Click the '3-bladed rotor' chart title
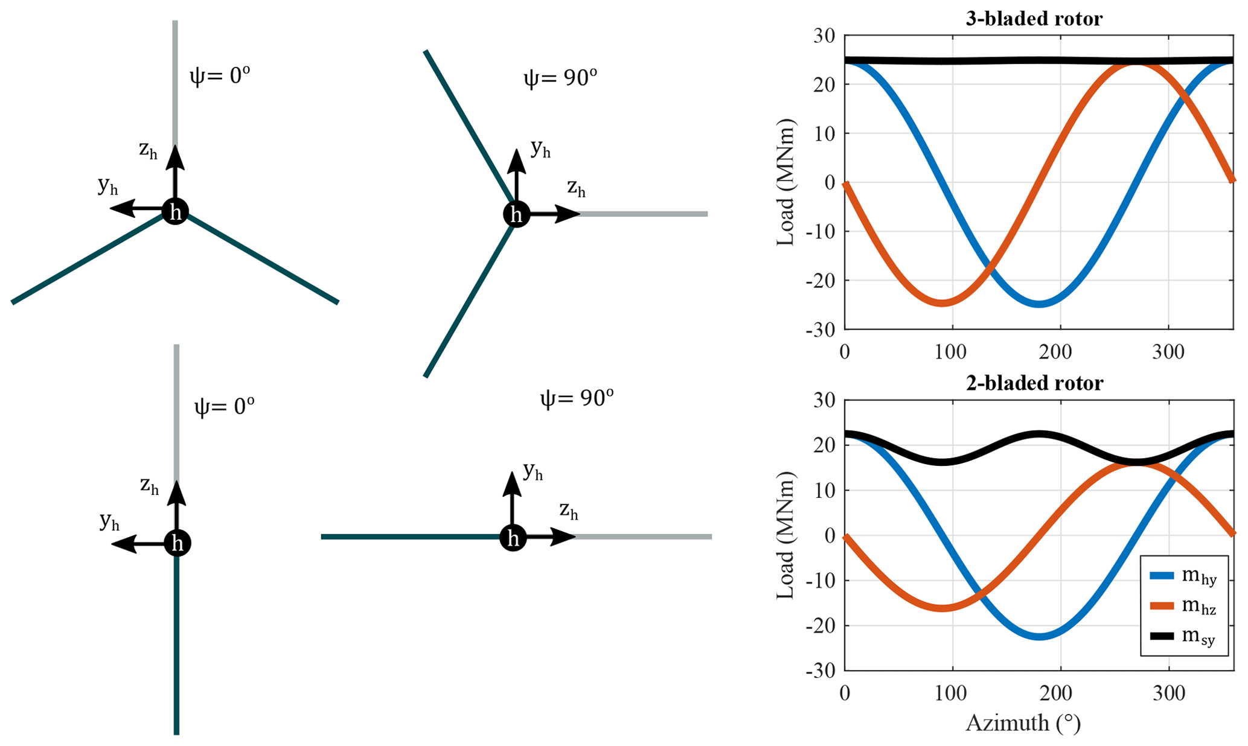(1034, 19)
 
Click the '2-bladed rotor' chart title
(1034, 383)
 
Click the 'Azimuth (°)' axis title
(1023, 722)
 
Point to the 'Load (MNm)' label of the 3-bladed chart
(786, 182)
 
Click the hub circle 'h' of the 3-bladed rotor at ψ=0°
(176, 212)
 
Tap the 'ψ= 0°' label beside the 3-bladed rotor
(220, 76)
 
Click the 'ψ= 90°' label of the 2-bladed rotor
(577, 398)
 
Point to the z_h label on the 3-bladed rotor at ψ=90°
(576, 188)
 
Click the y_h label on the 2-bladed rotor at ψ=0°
(109, 521)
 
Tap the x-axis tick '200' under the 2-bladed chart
(1060, 693)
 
